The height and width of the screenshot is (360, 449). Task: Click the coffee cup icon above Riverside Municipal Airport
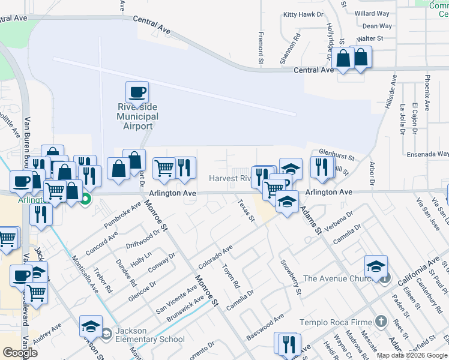click(137, 92)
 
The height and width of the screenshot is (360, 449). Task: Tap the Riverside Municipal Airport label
click(137, 116)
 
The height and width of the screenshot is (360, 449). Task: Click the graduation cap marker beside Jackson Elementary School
click(91, 326)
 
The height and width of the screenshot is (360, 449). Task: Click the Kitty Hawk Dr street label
click(303, 14)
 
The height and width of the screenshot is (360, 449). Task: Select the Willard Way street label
click(372, 13)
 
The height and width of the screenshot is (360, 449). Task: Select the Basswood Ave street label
click(264, 326)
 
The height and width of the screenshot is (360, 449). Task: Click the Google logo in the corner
click(20, 353)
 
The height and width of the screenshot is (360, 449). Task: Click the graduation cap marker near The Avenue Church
click(376, 266)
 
